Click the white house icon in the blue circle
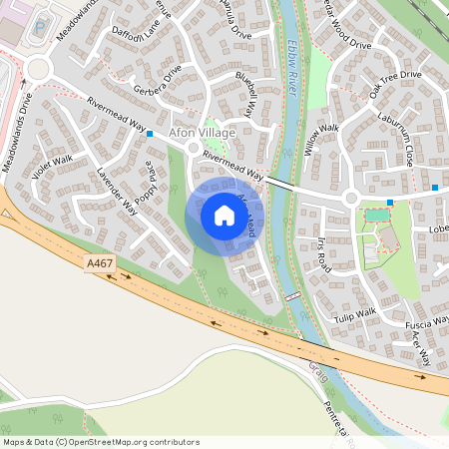coord(224,215)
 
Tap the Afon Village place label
coord(203,133)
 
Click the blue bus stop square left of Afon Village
coord(150,133)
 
